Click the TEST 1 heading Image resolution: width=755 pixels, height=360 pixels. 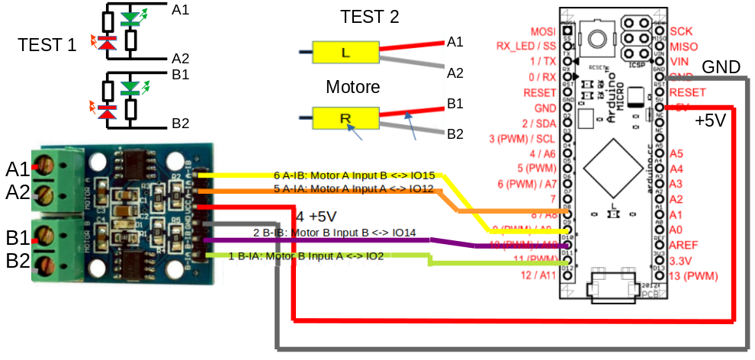coord(47,45)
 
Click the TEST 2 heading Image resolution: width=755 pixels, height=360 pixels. coord(370,17)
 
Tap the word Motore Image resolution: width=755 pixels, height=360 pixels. coord(353,86)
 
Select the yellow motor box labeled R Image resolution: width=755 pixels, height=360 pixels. coord(345,118)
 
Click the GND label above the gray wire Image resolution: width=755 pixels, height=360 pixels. coord(721,67)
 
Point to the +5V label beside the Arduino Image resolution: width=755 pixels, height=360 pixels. coord(711,121)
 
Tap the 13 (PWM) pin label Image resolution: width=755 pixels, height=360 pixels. coord(699,275)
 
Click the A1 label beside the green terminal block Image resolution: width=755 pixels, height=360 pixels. coord(18,169)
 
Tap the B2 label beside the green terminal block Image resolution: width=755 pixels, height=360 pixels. coord(18,261)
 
